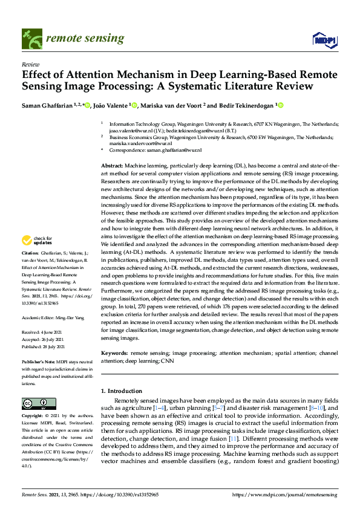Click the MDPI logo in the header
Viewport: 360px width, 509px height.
pos(324,40)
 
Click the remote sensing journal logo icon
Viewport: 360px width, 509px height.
pos(30,39)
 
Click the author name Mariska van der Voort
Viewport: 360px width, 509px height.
pos(171,106)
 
